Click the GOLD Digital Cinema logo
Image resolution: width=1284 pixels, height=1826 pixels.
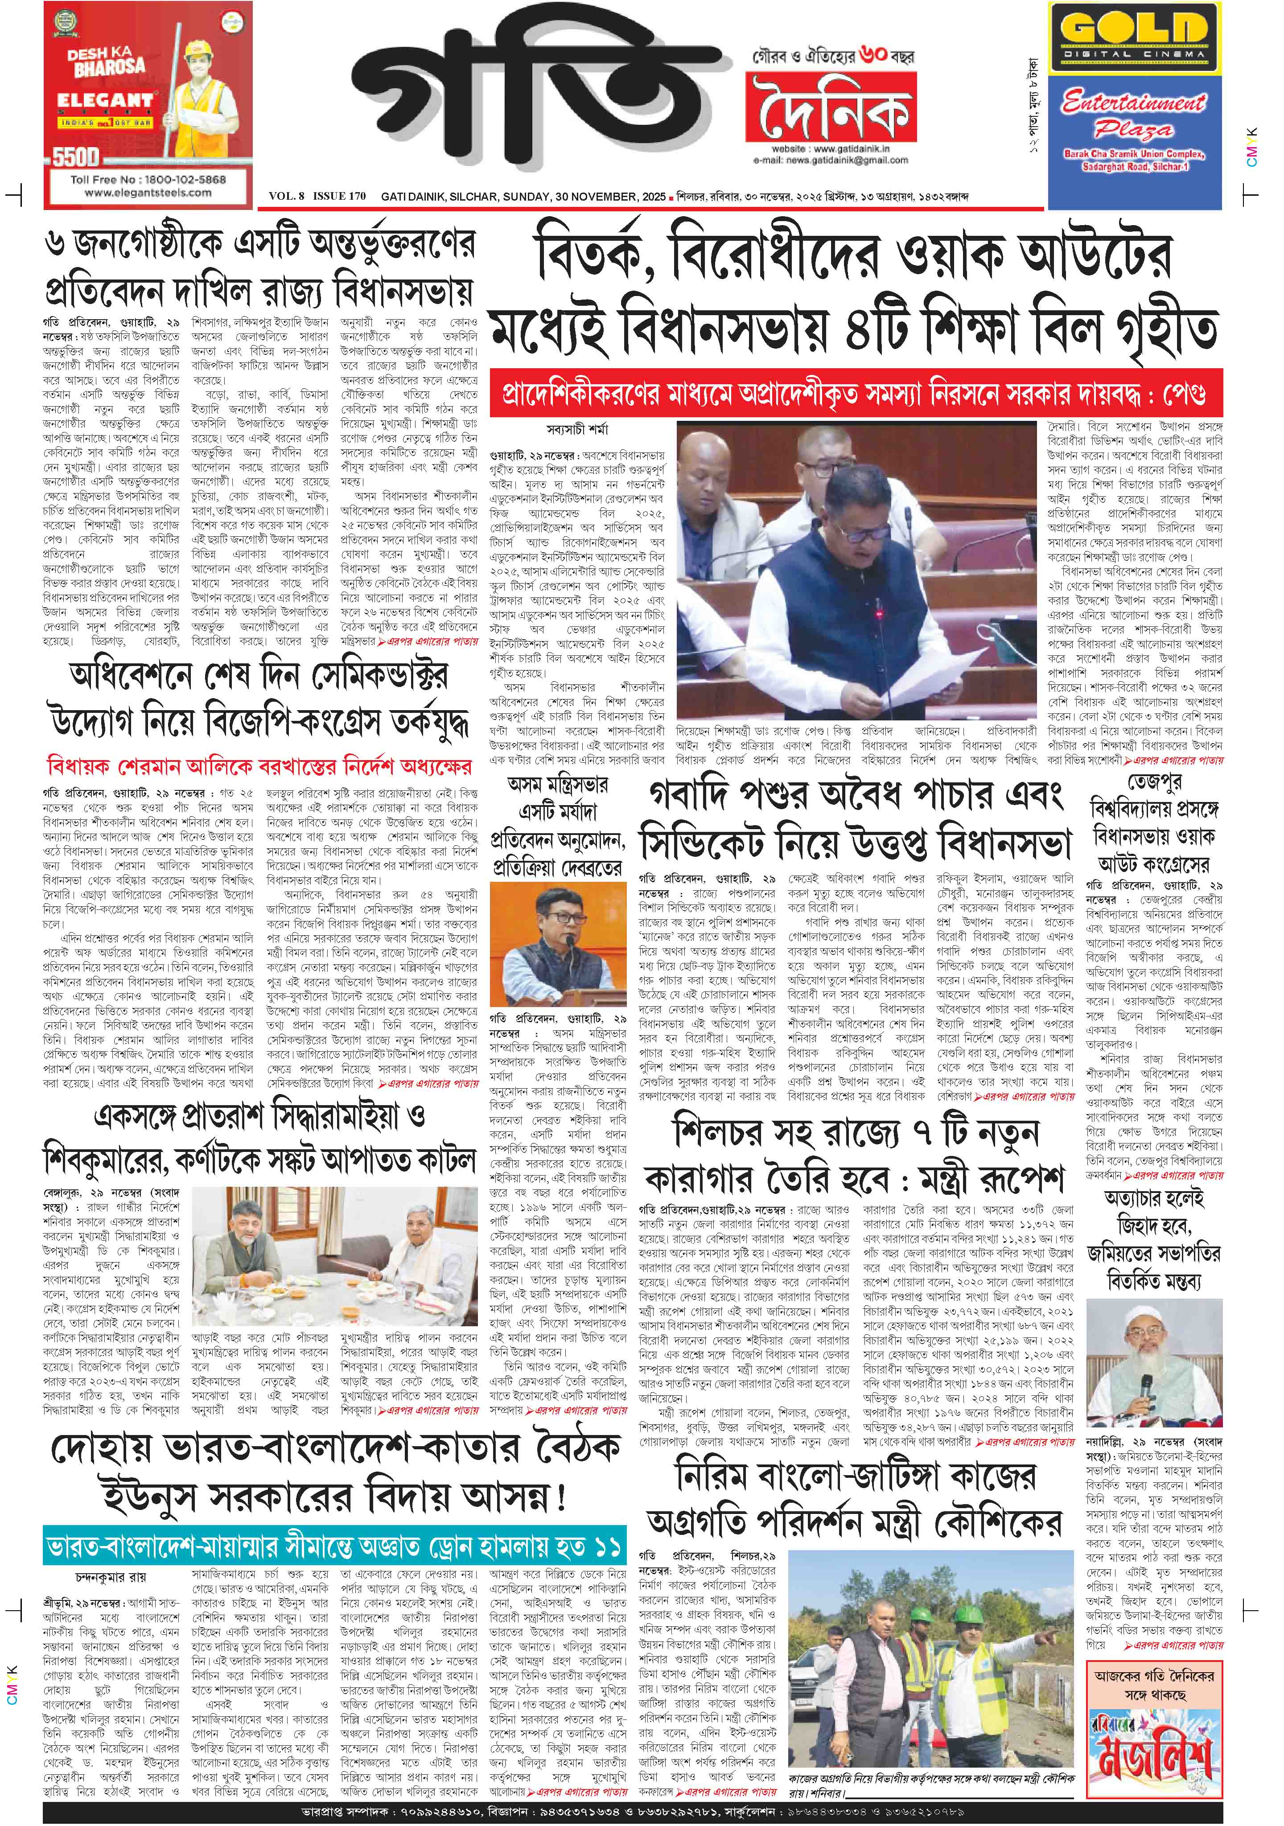pyautogui.click(x=1134, y=36)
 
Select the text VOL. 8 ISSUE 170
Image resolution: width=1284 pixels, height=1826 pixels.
pyautogui.click(x=317, y=196)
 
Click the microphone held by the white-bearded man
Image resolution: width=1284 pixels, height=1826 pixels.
pyautogui.click(x=1146, y=1390)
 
